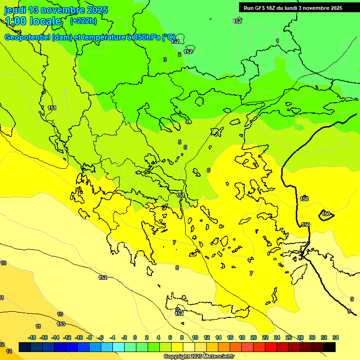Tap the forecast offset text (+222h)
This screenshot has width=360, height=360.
coord(83,21)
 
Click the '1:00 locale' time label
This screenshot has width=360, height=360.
coord(33,21)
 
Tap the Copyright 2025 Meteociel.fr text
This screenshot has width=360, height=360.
coord(198,356)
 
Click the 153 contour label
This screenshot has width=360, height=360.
coord(61,324)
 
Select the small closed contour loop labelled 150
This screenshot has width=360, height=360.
coord(325,214)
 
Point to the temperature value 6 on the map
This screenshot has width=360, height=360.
coord(209,170)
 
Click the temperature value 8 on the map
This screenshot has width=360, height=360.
coord(177,268)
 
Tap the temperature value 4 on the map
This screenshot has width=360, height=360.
coord(187,122)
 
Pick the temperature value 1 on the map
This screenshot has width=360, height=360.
coord(277,41)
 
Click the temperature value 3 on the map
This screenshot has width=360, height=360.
coord(165,60)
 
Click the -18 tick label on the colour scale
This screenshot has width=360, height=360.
coord(32,337)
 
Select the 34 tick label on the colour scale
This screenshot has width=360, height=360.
coord(335,337)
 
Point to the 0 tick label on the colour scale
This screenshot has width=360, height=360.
coord(135,337)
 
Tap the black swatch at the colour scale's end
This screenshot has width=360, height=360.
coord(329,347)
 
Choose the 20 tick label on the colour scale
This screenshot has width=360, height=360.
coord(254,337)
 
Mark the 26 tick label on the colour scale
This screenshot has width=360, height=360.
coord(288,337)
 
